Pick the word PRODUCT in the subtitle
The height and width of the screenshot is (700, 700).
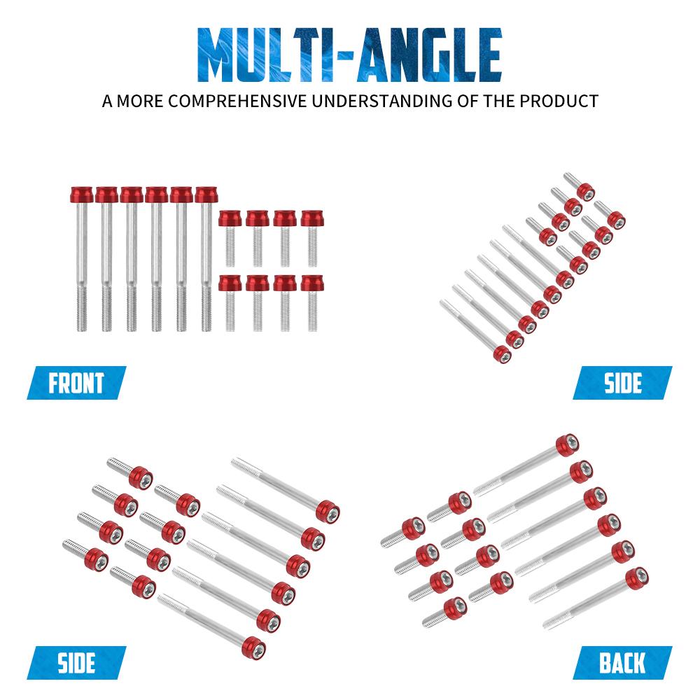click(559, 101)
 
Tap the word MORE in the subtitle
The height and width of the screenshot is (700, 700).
click(140, 101)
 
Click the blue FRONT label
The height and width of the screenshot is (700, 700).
click(76, 383)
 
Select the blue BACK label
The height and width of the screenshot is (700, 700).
click(622, 662)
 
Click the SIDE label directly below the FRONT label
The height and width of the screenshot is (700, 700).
click(76, 662)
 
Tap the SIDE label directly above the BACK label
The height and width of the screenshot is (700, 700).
click(622, 383)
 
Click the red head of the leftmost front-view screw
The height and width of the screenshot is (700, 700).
click(82, 195)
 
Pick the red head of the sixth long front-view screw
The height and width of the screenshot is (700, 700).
click(206, 195)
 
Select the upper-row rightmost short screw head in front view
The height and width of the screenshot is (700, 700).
click(312, 218)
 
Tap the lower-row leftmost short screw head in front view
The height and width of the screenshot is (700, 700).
click(230, 283)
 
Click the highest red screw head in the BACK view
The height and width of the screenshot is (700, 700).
click(568, 445)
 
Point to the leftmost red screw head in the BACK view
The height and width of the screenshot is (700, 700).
click(413, 528)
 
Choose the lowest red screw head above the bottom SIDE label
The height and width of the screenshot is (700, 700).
click(253, 647)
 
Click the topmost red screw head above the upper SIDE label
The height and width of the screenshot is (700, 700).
click(585, 192)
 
